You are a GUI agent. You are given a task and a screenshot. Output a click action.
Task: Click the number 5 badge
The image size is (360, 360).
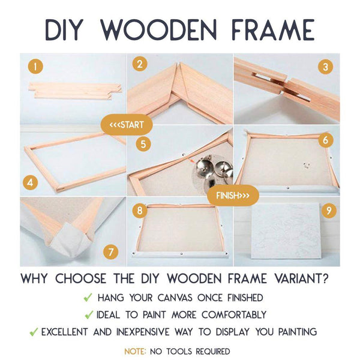[143, 144]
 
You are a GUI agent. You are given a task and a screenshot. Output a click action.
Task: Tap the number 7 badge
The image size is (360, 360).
[109, 251]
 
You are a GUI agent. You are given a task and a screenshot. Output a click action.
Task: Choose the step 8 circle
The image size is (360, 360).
[140, 211]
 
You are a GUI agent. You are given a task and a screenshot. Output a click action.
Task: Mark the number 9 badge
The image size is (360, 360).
[329, 211]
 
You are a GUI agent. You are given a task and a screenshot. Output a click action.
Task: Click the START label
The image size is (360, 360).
[127, 125]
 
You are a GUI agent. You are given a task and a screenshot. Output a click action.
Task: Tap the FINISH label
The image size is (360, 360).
[233, 196]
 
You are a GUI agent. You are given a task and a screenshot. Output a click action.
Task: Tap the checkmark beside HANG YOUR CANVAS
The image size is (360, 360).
[88, 297]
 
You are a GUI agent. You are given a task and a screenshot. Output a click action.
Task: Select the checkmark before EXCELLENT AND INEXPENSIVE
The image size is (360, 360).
[34, 331]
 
